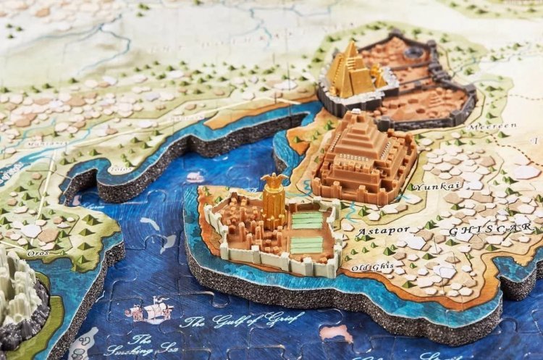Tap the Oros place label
point(38,254)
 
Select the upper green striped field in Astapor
point(307,219)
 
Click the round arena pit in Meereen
point(416,53)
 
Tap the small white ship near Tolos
point(195,177)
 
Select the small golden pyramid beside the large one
point(378,75)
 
